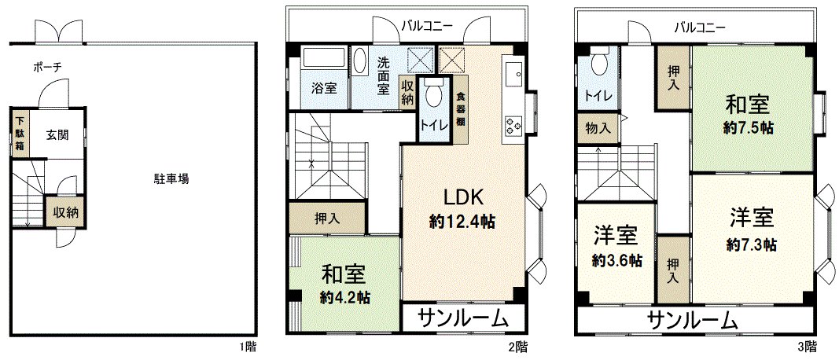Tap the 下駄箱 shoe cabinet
point(20,134)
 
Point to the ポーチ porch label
point(46,68)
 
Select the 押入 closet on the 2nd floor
point(326,219)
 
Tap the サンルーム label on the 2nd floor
point(462,318)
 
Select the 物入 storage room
point(597,127)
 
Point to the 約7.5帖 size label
point(747,127)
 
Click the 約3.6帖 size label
point(617,260)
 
